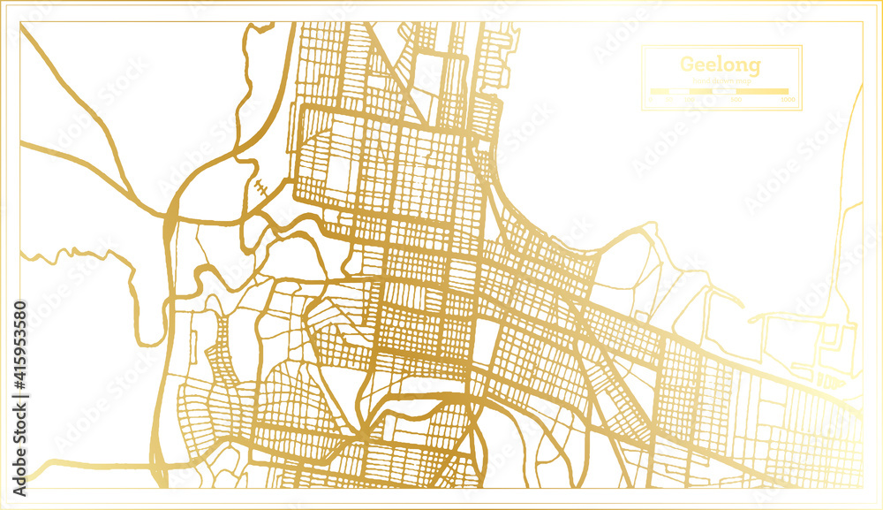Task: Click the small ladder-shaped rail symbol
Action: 261,188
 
